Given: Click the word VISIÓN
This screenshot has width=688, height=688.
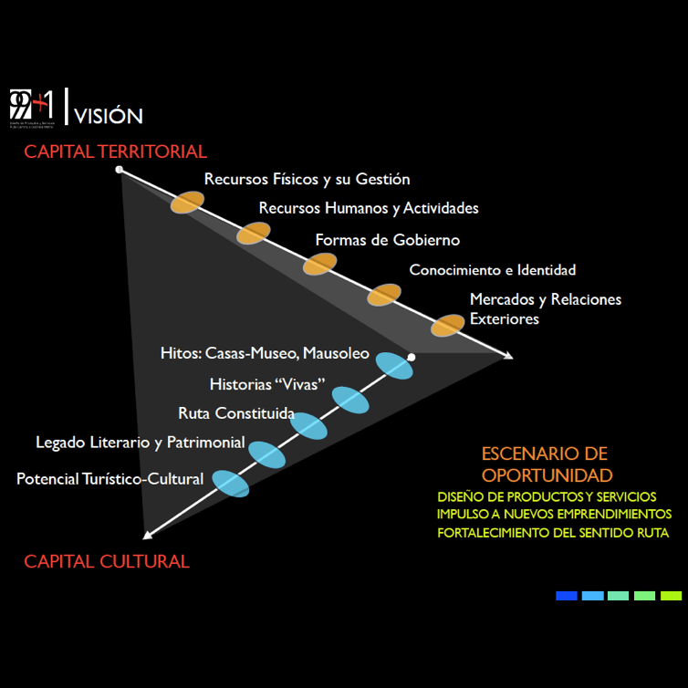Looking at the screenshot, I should point(109,116).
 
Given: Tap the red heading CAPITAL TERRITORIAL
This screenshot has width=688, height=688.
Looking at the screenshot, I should point(116,151).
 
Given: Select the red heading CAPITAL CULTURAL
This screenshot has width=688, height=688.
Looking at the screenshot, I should point(107,561).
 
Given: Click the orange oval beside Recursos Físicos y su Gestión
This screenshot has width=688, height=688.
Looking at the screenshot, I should point(187,203).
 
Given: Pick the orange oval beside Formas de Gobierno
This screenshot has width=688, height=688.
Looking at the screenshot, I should point(319,264).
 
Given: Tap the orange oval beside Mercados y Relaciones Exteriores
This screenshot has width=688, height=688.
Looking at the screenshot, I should point(448,325).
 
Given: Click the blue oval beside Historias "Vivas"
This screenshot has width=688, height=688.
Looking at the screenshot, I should point(350,400).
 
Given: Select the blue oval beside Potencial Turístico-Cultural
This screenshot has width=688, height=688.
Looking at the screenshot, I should point(230,483).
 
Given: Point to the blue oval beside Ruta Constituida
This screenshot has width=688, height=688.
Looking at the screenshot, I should point(308,426).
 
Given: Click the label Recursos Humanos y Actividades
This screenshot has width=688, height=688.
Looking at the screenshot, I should point(369,208).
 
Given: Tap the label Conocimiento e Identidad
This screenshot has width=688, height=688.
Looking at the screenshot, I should point(493,270).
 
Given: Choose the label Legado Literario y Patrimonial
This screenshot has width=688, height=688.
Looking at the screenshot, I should point(141,443).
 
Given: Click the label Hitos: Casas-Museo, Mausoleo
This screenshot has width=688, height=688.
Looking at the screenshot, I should point(265,352).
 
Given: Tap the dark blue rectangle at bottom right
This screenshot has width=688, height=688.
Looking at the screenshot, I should point(567,595).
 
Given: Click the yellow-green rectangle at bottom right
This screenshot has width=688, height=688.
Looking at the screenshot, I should point(671,595).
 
